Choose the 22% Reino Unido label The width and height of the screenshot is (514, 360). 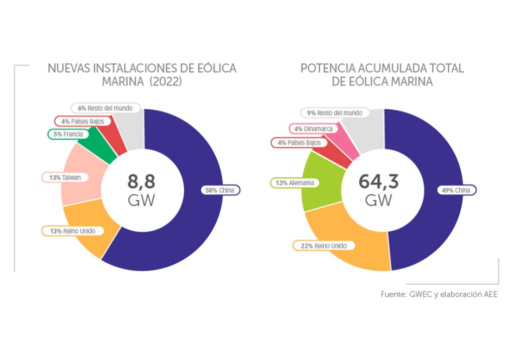point(324,246)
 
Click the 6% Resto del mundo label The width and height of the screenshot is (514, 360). point(105,108)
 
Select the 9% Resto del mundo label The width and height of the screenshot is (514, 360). point(334,113)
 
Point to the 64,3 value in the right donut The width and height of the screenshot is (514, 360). point(378,181)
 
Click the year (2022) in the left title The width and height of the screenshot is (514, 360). point(166,82)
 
